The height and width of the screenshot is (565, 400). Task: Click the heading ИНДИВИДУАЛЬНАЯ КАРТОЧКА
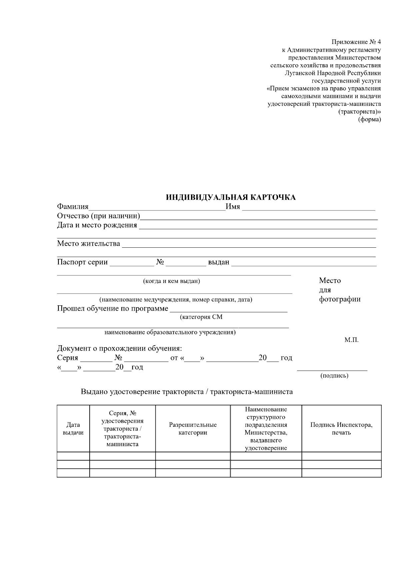point(231,197)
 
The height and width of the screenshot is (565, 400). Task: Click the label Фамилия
point(73,207)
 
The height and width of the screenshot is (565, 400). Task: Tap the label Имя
point(233,207)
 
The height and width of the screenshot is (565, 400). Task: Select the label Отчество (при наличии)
point(98,216)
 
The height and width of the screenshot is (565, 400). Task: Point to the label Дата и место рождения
point(97,225)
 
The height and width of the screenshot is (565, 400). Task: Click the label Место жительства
point(88,243)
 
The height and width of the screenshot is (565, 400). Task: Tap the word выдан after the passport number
point(219,262)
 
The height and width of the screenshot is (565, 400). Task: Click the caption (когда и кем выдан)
point(171,281)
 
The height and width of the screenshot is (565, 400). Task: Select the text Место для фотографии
point(339,290)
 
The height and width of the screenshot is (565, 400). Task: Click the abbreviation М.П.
point(351,340)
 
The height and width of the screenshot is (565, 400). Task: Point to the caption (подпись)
point(334,376)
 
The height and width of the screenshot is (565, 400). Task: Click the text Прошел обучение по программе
point(113,308)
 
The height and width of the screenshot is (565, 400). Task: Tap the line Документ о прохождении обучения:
point(120,349)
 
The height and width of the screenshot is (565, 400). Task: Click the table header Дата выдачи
point(73,429)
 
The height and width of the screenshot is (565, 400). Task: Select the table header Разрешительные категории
point(193,429)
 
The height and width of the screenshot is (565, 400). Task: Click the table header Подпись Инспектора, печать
point(341,429)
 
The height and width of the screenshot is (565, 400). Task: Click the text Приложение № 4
point(356,42)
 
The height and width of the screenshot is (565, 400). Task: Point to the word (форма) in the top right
point(369,120)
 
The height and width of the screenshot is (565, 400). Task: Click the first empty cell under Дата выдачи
point(73,456)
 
